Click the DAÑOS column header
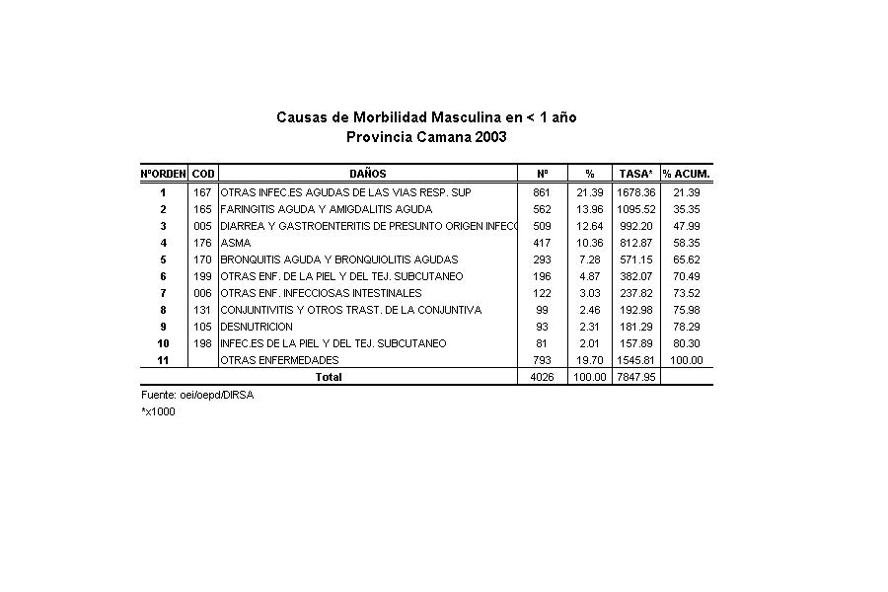pos(367,174)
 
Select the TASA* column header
pos(636,174)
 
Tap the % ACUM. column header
pos(686,174)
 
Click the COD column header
pos(203,174)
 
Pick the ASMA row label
pos(236,243)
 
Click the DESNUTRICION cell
pos(257,327)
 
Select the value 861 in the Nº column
pos(542,192)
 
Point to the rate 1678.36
pos(636,192)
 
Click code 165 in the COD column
pos(203,209)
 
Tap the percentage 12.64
pos(589,226)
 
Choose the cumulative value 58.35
pos(686,243)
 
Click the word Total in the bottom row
pos(328,377)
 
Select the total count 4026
pos(542,377)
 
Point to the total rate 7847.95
pos(636,377)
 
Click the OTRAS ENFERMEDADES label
pos(279,360)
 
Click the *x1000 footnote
pos(158,412)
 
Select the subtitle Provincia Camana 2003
pos(426,137)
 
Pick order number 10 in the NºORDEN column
pos(163,343)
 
